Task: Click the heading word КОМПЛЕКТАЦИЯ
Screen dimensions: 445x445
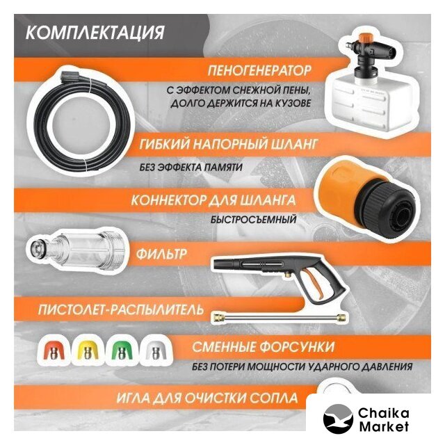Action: pos(95,33)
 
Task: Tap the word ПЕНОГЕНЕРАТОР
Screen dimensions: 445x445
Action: pos(259,70)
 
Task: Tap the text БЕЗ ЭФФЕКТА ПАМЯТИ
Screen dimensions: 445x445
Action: pos(191,167)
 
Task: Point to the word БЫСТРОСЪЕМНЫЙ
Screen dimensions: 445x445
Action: pos(253,220)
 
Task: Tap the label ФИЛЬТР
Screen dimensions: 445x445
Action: pos(161,253)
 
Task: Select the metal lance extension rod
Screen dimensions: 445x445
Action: pos(280,317)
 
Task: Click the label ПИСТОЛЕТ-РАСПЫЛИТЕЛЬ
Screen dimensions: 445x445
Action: pos(121,309)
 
